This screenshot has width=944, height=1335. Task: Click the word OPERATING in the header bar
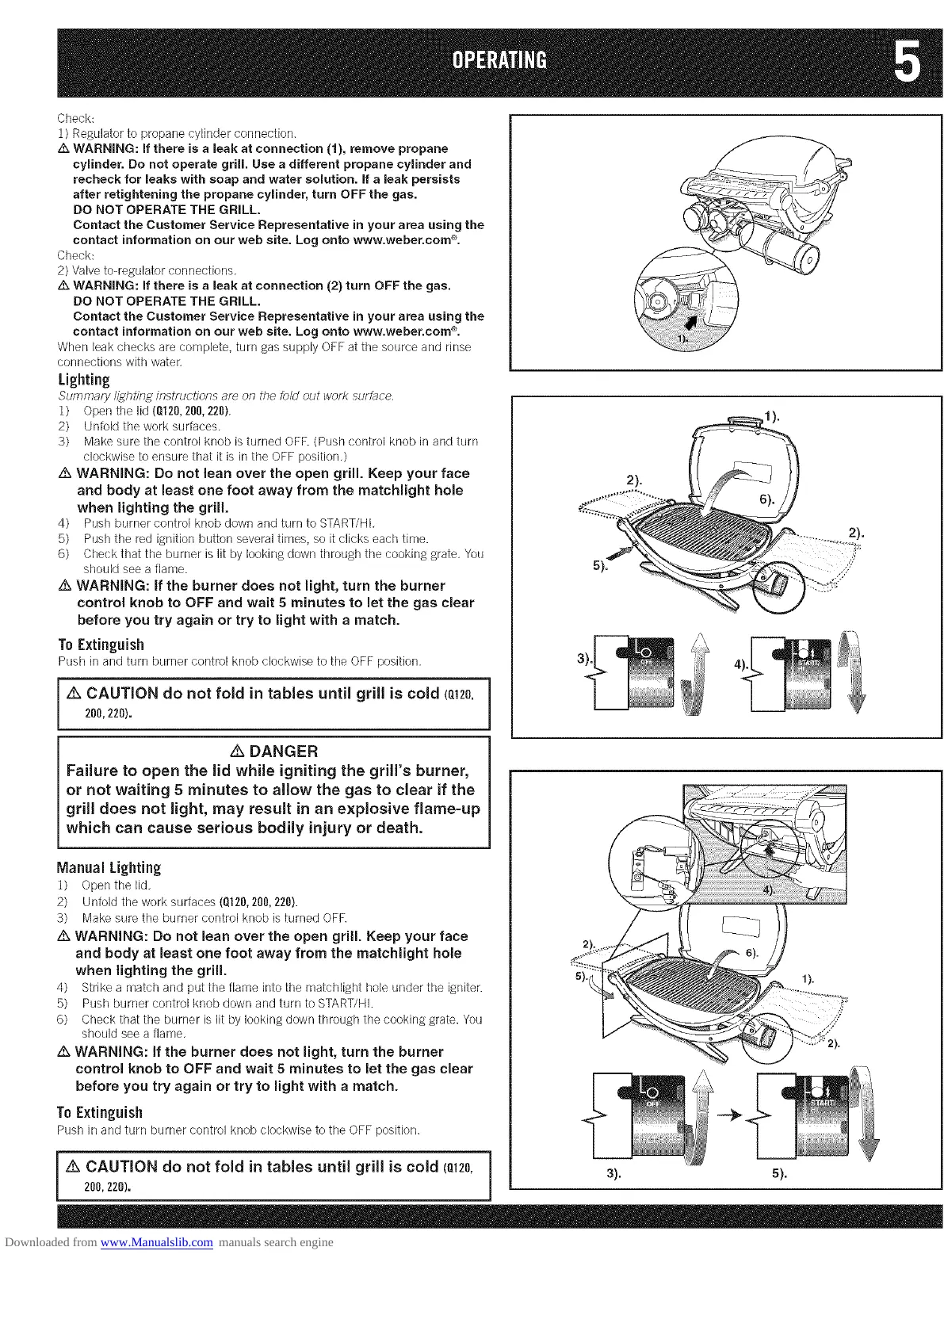click(498, 61)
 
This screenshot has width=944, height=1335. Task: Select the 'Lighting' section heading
click(83, 380)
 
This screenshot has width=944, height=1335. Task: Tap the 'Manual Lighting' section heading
click(109, 867)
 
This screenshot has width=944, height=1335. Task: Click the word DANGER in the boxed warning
click(283, 752)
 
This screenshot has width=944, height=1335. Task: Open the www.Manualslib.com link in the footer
click(157, 1242)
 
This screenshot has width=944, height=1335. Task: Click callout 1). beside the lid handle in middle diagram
click(771, 415)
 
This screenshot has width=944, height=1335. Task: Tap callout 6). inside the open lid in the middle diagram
click(766, 499)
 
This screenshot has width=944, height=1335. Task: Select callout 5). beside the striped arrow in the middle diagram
click(600, 566)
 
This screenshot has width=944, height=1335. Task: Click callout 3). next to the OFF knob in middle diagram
click(584, 659)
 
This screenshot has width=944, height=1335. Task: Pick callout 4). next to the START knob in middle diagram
click(740, 664)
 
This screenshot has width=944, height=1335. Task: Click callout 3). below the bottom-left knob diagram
click(613, 1174)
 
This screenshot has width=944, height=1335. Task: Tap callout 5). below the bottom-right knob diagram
click(779, 1174)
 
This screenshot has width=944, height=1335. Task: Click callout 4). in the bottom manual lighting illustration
click(767, 890)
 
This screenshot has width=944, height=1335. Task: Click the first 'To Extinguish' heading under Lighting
click(101, 645)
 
